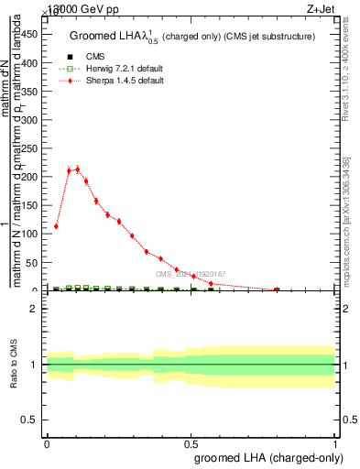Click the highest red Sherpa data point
pyautogui.click(x=78, y=169)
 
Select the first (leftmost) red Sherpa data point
pyautogui.click(x=57, y=226)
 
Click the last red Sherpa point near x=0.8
pyautogui.click(x=277, y=289)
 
